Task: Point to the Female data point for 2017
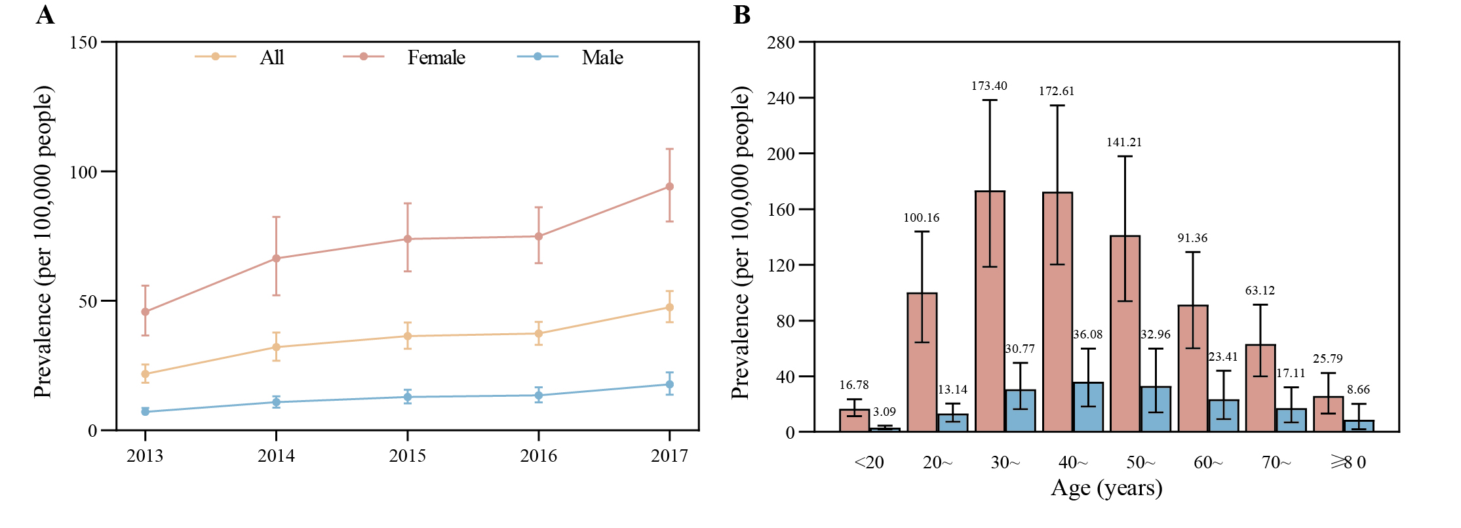(x=669, y=187)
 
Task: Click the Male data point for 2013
(x=145, y=412)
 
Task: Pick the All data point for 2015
(x=408, y=336)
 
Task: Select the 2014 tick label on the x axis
(x=276, y=456)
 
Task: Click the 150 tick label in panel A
(x=83, y=43)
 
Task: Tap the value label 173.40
(x=989, y=86)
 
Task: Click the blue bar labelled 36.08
(x=1088, y=407)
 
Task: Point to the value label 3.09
(x=884, y=412)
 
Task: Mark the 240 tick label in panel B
(x=781, y=98)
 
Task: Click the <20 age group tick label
(x=869, y=462)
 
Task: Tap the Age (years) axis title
(x=1106, y=488)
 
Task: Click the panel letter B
(x=741, y=14)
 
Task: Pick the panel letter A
(x=45, y=14)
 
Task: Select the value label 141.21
(x=1124, y=142)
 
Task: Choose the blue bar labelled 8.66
(x=1359, y=426)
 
